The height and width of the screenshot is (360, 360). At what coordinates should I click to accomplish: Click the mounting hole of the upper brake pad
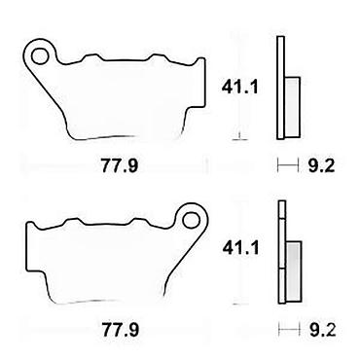pyautogui.click(x=40, y=55)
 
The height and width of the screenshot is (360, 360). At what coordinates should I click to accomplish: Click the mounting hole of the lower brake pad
pyautogui.click(x=191, y=220)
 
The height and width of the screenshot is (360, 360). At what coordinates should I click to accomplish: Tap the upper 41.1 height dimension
pyautogui.click(x=239, y=87)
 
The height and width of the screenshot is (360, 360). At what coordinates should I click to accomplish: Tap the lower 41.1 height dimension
pyautogui.click(x=240, y=248)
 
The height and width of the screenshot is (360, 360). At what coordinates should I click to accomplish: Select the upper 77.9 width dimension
pyautogui.click(x=120, y=166)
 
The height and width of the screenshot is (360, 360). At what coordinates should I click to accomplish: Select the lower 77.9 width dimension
pyautogui.click(x=121, y=330)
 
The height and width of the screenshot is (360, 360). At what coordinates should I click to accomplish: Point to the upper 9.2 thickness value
pyautogui.click(x=321, y=166)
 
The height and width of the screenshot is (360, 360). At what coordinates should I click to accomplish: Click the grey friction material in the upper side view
pyautogui.click(x=293, y=106)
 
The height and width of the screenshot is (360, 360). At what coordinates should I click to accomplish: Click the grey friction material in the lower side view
pyautogui.click(x=294, y=270)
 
